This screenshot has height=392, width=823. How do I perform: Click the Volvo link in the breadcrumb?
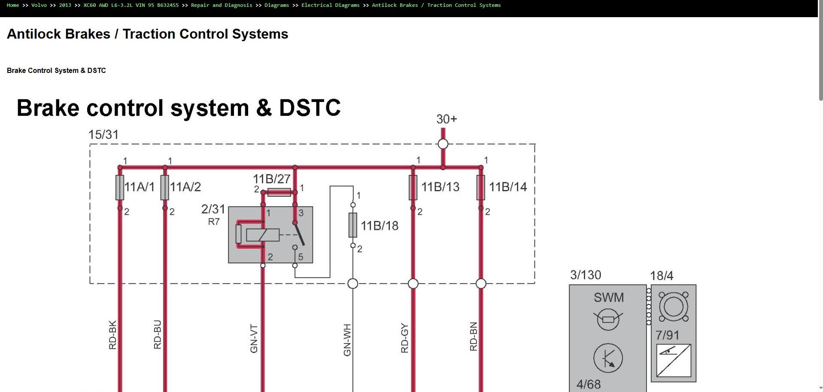[x=39, y=5]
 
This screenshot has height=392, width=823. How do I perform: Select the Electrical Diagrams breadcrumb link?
[x=330, y=5]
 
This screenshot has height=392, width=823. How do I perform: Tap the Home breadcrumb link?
[x=12, y=5]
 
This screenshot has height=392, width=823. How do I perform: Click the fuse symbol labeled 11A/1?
[x=120, y=187]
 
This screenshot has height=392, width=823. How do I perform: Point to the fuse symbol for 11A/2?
[x=164, y=187]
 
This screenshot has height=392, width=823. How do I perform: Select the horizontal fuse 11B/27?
[x=279, y=192]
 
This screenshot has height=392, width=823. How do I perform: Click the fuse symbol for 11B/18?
[x=352, y=225]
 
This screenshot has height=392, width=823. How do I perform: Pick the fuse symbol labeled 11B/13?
[x=413, y=187]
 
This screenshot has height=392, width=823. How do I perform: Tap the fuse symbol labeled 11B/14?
[x=480, y=187]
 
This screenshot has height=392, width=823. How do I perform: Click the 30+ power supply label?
[x=446, y=119]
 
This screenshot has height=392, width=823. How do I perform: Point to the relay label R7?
[x=214, y=222]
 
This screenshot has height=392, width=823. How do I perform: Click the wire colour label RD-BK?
[x=112, y=335]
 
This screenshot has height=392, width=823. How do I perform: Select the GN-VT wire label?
[x=254, y=339]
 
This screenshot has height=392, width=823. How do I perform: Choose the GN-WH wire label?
[x=347, y=340]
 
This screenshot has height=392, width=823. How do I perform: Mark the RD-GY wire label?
[x=404, y=338]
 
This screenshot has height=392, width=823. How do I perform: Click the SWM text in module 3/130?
[x=608, y=297]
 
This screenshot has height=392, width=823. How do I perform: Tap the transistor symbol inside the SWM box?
[x=608, y=358]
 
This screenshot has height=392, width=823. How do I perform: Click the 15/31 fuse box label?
[x=103, y=135]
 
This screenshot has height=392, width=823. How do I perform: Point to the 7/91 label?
[x=667, y=335]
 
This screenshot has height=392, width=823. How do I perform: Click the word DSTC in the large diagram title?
[x=310, y=108]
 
